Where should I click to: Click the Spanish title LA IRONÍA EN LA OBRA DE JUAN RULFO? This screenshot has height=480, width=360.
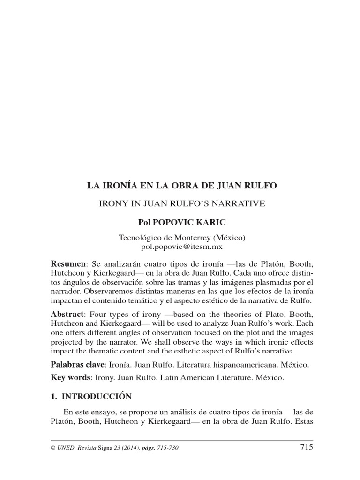coord(182,186)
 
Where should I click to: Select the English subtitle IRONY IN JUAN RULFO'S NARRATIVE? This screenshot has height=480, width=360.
coord(182,203)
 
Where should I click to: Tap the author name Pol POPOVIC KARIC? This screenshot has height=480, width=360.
coord(182,221)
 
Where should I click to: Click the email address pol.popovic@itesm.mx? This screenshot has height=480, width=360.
coord(182,246)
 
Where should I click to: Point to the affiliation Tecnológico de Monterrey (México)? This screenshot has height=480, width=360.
coord(182,238)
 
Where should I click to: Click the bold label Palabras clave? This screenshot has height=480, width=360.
coord(80,364)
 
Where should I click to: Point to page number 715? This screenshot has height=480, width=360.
coord(306,447)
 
